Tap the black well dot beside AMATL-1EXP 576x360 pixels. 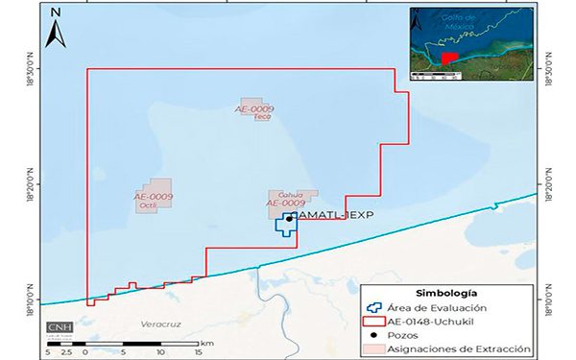coord(289,219)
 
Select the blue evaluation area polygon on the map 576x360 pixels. coord(285,227)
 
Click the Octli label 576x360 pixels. coord(148,204)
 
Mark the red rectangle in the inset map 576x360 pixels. coord(448,59)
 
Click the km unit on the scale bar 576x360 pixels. coord(208,342)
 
